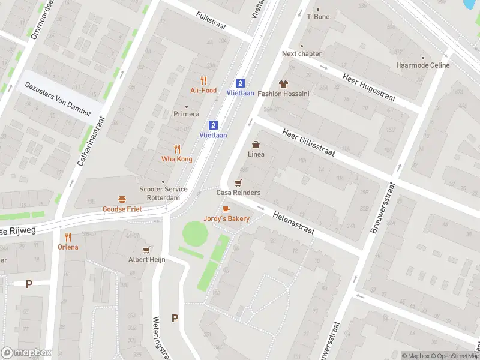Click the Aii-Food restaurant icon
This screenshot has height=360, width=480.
tap(203, 80)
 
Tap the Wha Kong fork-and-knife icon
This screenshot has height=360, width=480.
tap(177, 149)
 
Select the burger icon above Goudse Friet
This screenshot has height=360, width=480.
tap(122, 199)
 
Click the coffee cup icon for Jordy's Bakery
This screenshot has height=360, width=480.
tap(226, 209)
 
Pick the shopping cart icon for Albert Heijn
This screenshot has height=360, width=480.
tap(146, 250)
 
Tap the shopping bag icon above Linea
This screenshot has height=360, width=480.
tap(256, 144)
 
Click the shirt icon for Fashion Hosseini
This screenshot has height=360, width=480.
tap(283, 84)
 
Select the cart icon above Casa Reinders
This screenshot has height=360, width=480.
tap(239, 182)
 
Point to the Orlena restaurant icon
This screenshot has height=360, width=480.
tap(68, 237)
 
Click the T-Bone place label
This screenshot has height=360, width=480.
tap(318, 17)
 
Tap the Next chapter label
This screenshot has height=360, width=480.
tap(302, 53)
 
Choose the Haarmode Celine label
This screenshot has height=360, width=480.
tap(422, 65)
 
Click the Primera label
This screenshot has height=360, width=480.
tap(186, 114)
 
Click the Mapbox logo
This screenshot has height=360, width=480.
tap(26, 353)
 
